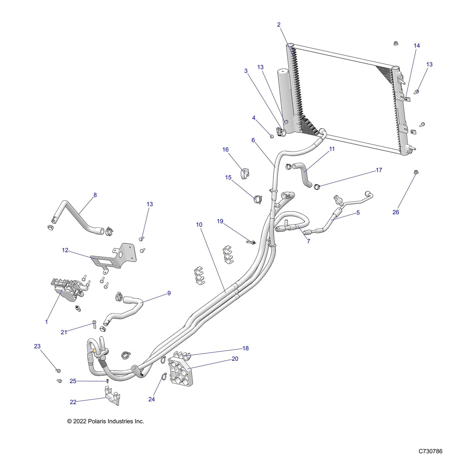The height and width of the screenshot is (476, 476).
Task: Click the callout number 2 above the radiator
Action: coord(279,25)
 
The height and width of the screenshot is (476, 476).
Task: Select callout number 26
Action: coord(396,212)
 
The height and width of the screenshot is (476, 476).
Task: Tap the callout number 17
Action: coord(379,170)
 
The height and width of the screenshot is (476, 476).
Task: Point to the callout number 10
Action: coord(199,225)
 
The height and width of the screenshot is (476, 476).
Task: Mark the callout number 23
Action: coord(37,346)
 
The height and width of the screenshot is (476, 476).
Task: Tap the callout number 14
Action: coord(417,46)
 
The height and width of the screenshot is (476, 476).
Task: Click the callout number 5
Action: coord(358,212)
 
